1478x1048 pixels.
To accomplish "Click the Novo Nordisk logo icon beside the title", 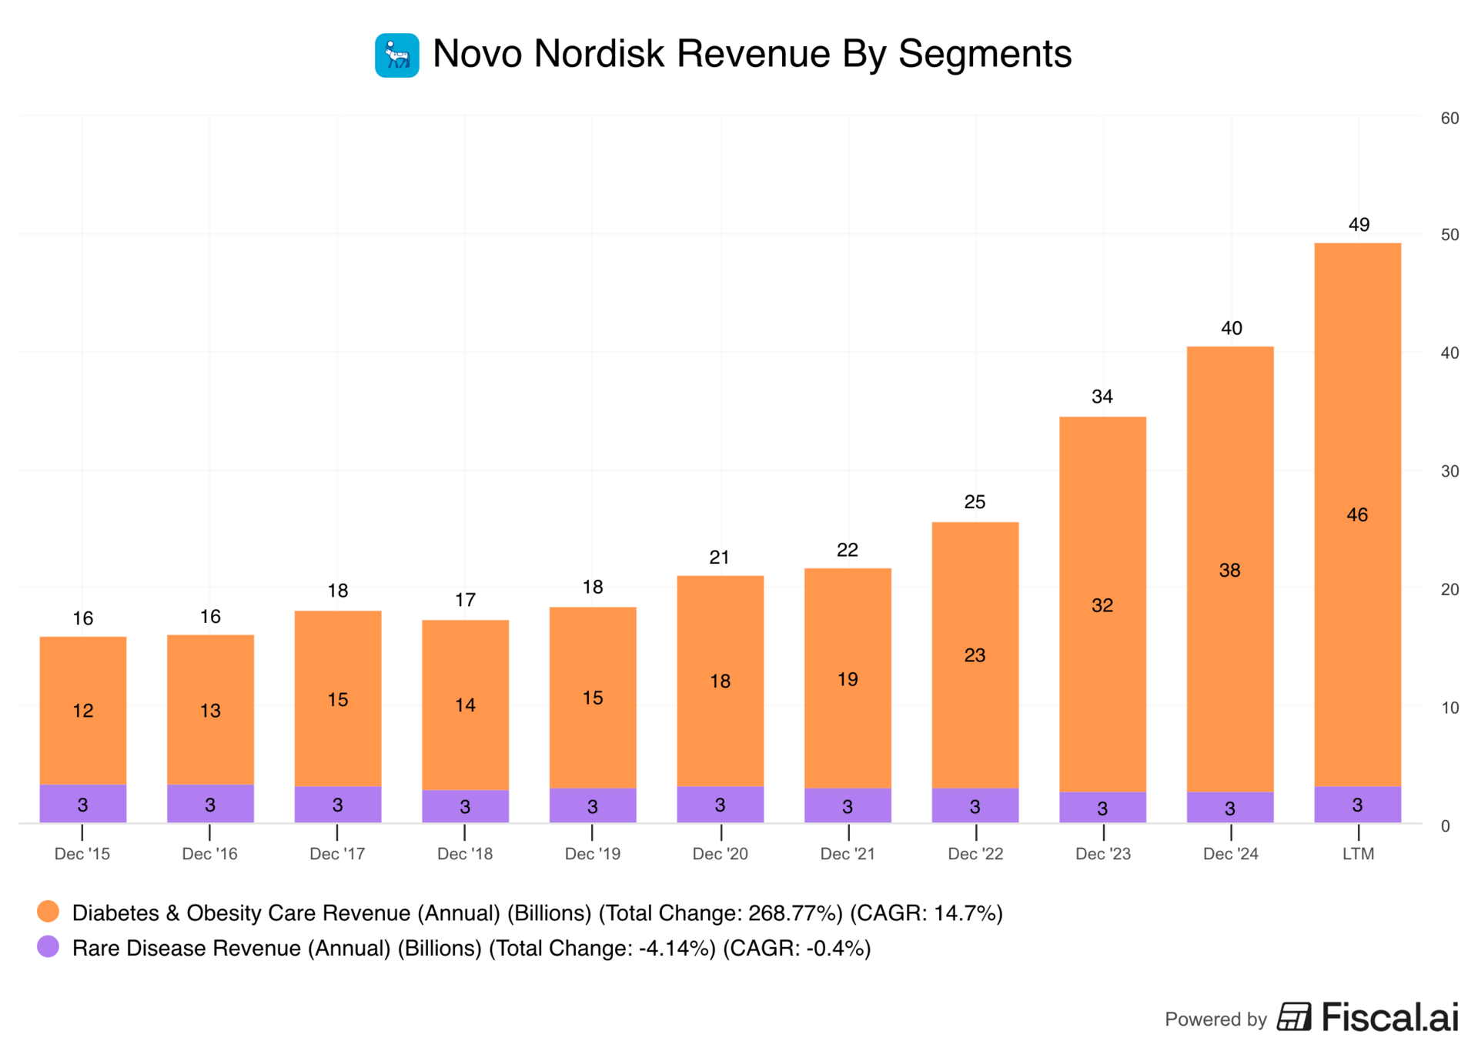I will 396,55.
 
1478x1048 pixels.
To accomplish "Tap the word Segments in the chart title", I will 985,54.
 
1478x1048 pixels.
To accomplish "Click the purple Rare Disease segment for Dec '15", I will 83,804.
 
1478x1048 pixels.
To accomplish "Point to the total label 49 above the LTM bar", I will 1359,225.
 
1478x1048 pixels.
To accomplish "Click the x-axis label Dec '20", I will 720,854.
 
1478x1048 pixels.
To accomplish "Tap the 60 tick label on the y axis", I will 1450,119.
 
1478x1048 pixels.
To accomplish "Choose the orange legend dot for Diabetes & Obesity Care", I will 48,912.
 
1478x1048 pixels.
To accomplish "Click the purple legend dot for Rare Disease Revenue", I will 48,947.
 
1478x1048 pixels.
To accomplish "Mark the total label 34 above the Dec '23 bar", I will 1102,397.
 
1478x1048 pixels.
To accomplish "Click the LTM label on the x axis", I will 1358,854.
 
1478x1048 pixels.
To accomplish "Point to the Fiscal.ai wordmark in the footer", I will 1389,1017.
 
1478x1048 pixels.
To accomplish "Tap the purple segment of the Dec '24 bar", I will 1230,807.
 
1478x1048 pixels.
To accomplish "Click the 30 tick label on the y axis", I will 1450,471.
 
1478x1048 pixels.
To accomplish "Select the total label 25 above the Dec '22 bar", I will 975,502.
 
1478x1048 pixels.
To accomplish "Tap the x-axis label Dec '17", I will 337,854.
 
